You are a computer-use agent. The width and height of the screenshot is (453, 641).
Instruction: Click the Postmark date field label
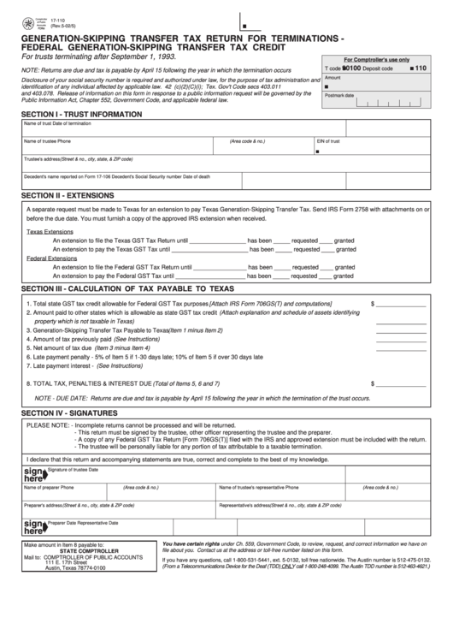point(340,96)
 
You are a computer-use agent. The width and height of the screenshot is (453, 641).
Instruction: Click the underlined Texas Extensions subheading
point(50,231)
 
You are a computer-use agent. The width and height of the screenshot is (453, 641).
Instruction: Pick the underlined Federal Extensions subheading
point(52,258)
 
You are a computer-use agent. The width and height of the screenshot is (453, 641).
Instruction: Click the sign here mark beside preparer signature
point(33,525)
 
